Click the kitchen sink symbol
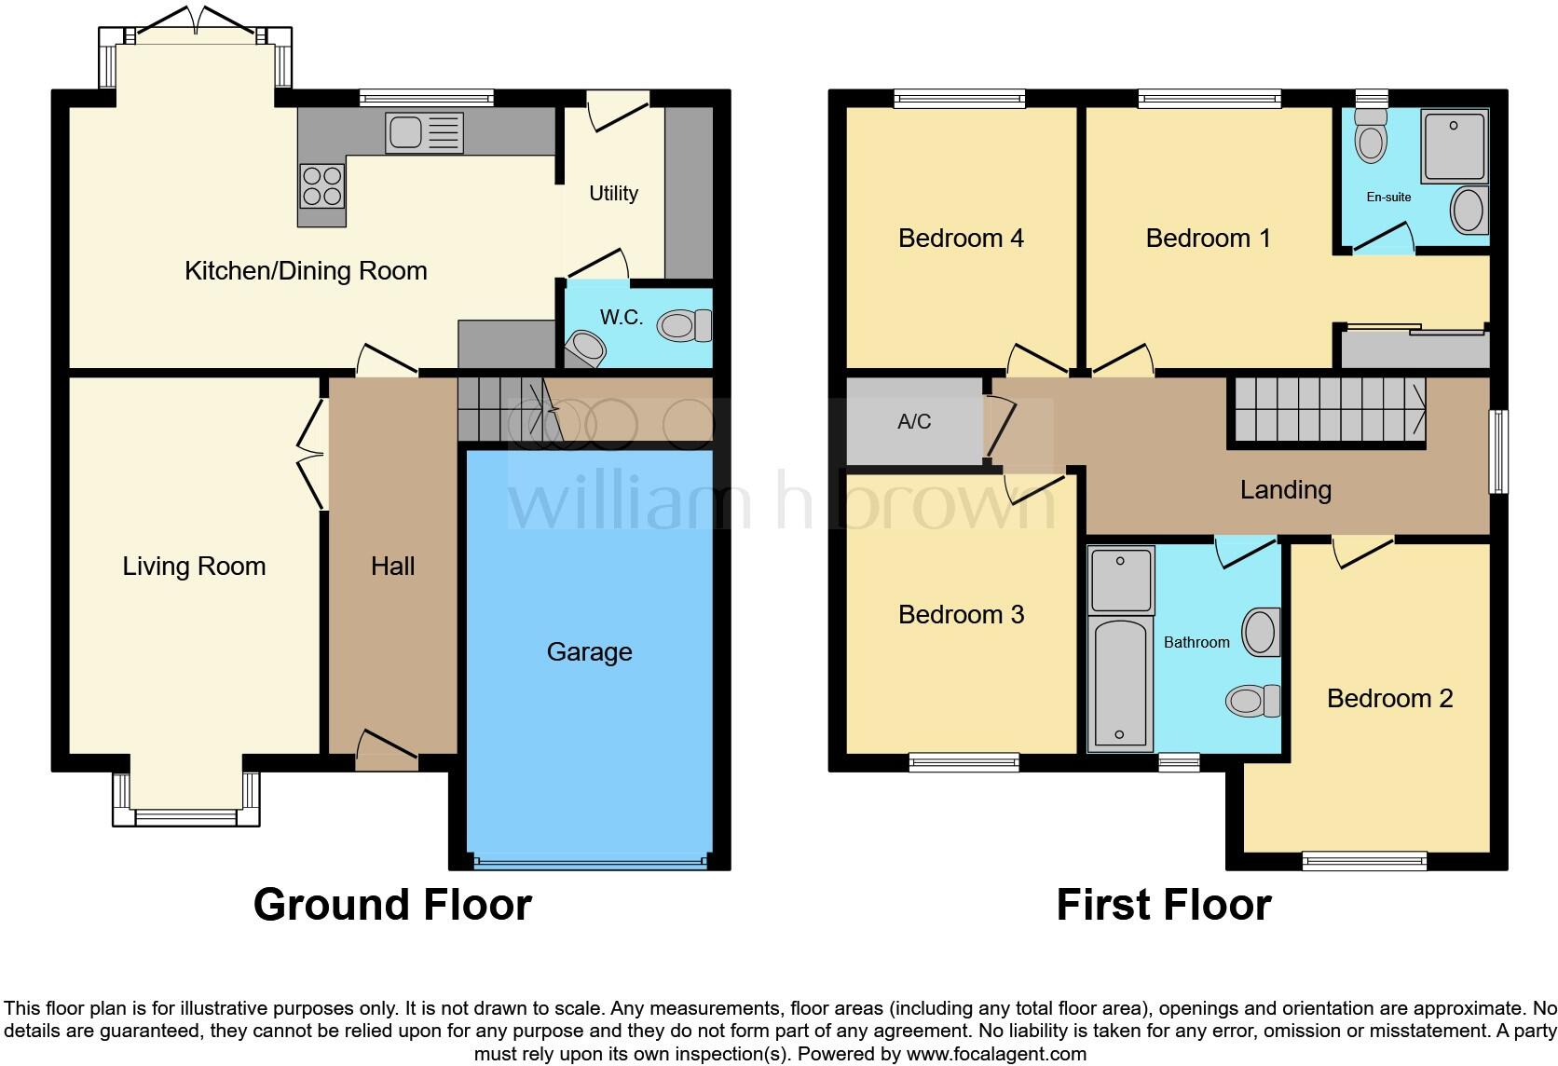point(424,133)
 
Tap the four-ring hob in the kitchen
point(321,184)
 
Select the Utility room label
point(613,194)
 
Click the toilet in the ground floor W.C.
point(685,326)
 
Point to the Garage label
point(589,652)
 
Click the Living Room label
point(194,567)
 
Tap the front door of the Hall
point(386,750)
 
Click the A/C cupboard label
point(913,422)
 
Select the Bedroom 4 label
point(961,239)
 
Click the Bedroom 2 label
point(1389,699)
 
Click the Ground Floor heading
point(392,905)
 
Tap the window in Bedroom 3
point(964,763)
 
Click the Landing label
point(1285,490)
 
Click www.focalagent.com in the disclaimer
point(996,1055)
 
